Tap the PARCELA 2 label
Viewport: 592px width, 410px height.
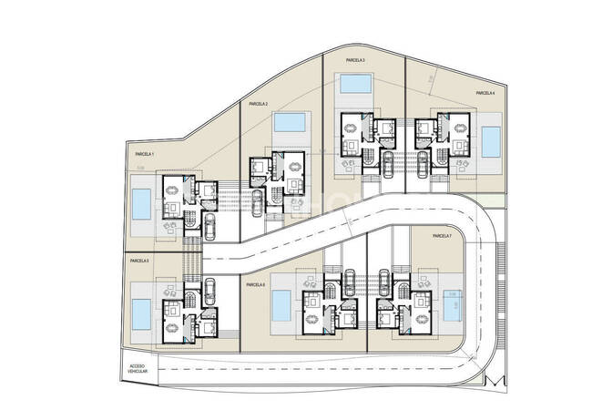(258, 104)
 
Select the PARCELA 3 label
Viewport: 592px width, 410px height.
(356, 60)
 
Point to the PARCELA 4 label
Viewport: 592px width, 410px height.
(485, 93)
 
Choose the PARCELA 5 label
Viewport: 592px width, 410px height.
(139, 261)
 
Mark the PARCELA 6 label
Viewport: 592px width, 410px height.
(255, 284)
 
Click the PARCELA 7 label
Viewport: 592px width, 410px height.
(443, 236)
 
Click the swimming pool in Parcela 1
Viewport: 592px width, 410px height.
(141, 205)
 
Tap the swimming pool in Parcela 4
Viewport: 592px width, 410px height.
(492, 141)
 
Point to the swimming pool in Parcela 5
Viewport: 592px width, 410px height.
(142, 314)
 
